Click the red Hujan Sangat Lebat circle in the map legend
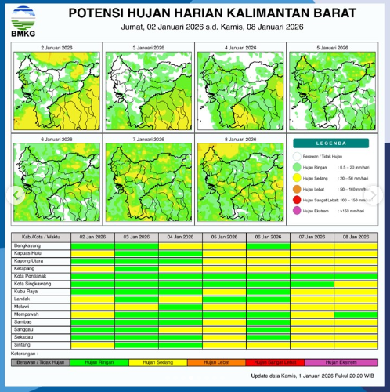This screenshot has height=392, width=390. pos(296,200)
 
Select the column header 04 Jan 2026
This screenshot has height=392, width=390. pos(180,236)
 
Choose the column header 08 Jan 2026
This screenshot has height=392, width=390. pos(356,236)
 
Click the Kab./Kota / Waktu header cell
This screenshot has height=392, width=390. pos(42,236)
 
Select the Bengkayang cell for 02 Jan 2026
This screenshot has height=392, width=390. pos(92,246)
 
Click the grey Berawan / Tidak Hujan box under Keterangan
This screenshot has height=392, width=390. pos(42,362)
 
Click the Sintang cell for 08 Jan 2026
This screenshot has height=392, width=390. pos(356,343)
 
